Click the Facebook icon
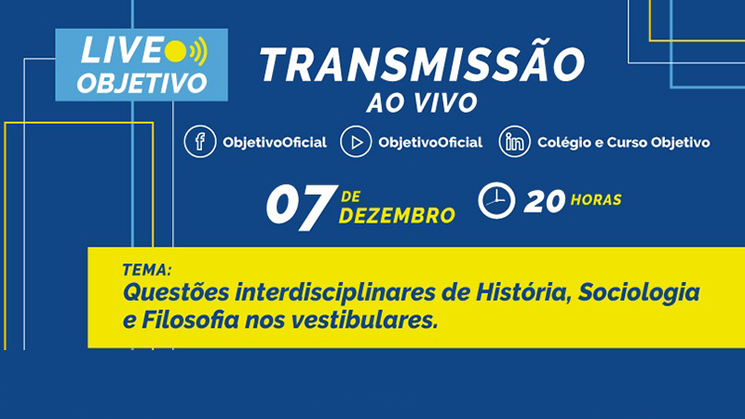(200, 142)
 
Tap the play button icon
(356, 142)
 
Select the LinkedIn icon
(515, 142)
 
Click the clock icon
(496, 200)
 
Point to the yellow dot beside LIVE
(176, 51)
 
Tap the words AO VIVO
(422, 102)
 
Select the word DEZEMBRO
(398, 216)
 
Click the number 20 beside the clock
(545, 201)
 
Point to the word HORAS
(596, 200)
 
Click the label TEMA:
(147, 270)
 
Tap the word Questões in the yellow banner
(176, 292)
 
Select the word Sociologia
(639, 291)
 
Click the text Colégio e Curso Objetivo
(623, 142)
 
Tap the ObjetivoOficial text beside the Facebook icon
(275, 142)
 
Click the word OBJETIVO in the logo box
(142, 83)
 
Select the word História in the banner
(522, 291)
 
